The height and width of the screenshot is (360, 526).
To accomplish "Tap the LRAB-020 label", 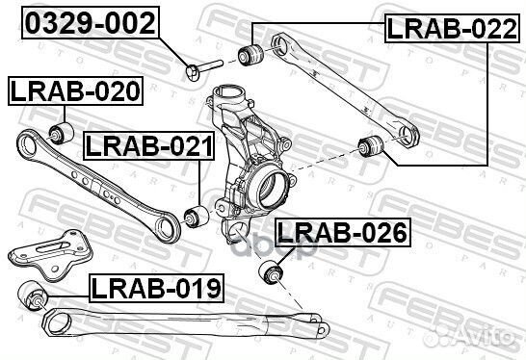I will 74,91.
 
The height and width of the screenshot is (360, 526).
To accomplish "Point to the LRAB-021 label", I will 147,146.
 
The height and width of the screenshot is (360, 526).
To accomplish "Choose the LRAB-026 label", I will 341,232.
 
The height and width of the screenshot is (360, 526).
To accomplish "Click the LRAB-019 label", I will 156,286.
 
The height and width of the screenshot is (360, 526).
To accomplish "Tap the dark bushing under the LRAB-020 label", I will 61,131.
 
